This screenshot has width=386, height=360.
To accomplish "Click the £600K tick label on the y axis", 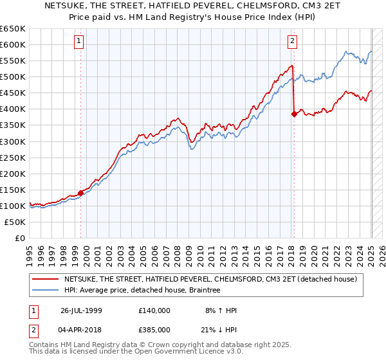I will click(x=13, y=44).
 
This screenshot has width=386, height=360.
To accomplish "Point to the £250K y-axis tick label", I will click(x=13, y=157).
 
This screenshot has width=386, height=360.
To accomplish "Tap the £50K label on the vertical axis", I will click(x=15, y=222).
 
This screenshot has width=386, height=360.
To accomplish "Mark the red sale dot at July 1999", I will click(x=81, y=192).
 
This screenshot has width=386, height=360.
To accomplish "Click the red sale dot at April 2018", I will click(x=294, y=114).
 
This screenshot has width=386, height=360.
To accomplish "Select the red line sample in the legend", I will click(x=45, y=279).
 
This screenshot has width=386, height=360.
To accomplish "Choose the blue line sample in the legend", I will click(x=45, y=290).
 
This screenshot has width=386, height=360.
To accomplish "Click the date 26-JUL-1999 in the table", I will click(x=81, y=310).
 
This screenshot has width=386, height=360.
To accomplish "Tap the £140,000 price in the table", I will click(x=154, y=310).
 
